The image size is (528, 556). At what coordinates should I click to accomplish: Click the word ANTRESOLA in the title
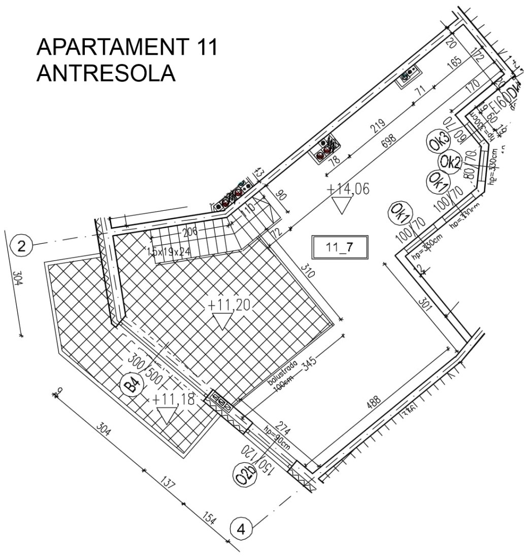click(106, 73)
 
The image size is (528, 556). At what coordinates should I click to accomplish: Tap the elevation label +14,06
click(348, 189)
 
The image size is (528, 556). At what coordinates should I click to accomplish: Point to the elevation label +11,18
click(173, 399)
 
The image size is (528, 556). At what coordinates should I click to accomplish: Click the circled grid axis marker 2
click(21, 247)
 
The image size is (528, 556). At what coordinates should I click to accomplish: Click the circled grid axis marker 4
click(242, 530)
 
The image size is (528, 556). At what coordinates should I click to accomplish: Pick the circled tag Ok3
click(439, 141)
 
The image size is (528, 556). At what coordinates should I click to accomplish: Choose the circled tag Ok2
click(450, 163)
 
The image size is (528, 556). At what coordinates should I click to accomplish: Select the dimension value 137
click(167, 482)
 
